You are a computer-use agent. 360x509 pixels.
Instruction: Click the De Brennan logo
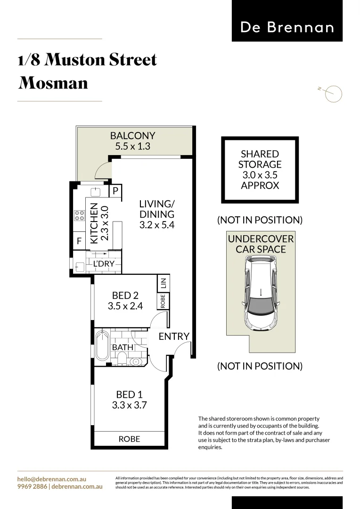click(287, 27)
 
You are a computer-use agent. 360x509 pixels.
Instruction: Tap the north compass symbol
click(334, 93)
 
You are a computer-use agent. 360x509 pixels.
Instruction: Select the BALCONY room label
click(132, 136)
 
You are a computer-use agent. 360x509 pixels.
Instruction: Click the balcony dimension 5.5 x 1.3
click(132, 147)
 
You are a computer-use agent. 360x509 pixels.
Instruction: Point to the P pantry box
click(115, 191)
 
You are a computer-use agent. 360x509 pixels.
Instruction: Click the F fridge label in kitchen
click(79, 241)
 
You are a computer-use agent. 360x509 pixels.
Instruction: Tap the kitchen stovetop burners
click(78, 216)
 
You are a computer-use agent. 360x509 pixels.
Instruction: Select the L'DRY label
click(103, 264)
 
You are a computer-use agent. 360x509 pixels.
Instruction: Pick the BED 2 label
click(125, 296)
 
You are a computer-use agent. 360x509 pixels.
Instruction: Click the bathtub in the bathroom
click(102, 347)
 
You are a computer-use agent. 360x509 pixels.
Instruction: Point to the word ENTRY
click(174, 337)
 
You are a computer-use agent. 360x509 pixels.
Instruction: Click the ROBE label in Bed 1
click(129, 439)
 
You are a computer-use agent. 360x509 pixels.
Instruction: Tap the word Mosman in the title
click(53, 83)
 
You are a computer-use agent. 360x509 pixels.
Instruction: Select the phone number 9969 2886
click(32, 486)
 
